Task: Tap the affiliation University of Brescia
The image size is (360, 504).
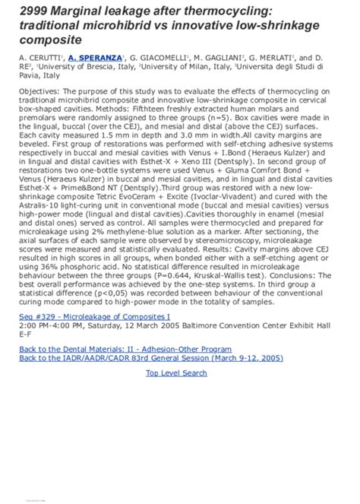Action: [x=76, y=67]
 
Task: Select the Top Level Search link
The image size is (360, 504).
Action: [x=176, y=373]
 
